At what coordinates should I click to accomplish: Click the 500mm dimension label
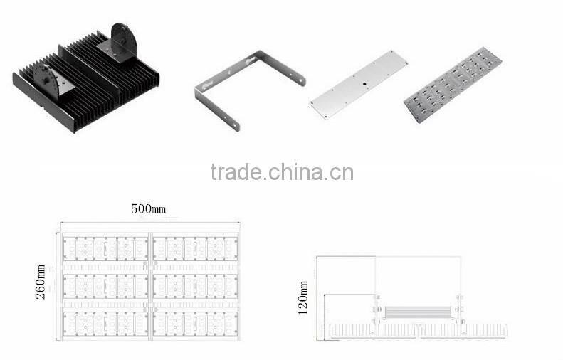tap(148, 209)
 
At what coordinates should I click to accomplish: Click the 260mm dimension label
tap(41, 282)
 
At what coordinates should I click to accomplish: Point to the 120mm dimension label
tap(304, 298)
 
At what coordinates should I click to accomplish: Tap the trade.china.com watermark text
tap(282, 172)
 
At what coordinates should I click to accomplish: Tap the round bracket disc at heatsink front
tap(47, 79)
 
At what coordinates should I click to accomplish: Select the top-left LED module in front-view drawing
tap(105, 248)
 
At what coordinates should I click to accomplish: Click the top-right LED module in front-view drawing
tap(194, 248)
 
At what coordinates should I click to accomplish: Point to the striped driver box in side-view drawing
tap(419, 312)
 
